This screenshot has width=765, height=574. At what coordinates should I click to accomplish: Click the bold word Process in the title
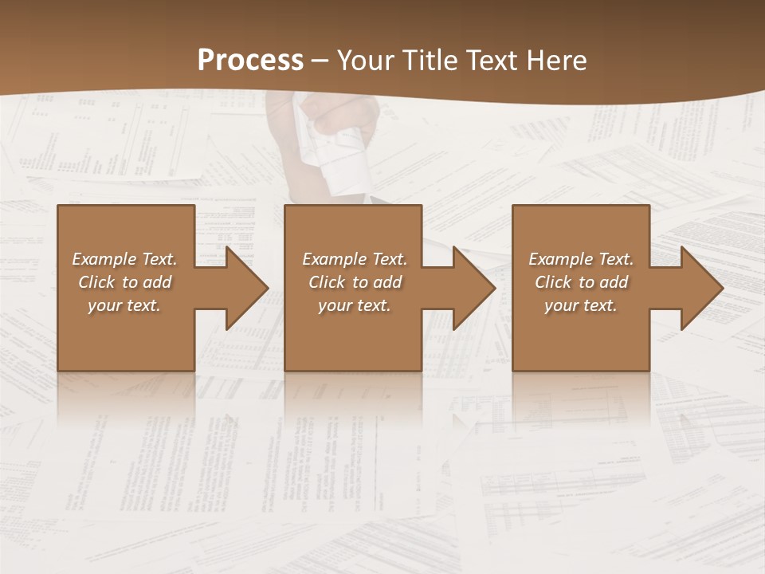point(250,61)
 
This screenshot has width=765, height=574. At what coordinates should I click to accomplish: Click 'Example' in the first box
point(104,259)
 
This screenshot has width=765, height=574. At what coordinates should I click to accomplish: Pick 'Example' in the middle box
point(334,259)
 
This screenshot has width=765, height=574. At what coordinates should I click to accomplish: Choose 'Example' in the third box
point(560,259)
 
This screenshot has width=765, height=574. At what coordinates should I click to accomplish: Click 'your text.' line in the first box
point(124,305)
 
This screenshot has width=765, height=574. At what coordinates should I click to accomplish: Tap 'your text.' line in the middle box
point(355,305)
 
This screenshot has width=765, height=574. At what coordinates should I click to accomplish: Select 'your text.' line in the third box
point(581,305)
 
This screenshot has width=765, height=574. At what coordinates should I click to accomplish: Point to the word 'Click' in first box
point(96,282)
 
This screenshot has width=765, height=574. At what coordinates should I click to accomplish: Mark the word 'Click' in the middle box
point(327,282)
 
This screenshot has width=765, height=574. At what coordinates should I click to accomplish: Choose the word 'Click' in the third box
point(553,282)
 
